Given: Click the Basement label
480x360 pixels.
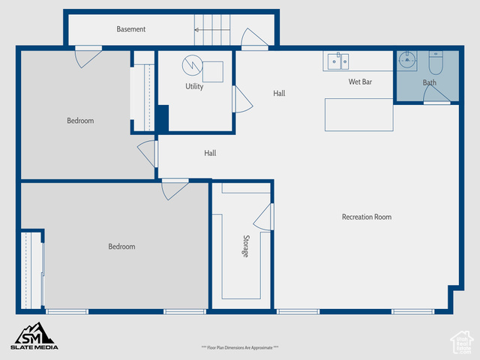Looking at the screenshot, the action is click(x=131, y=29).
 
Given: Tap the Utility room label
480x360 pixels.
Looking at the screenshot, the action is click(x=194, y=86).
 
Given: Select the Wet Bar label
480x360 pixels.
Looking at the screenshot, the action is click(x=360, y=82).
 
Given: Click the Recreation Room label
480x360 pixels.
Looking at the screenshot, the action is click(x=367, y=217).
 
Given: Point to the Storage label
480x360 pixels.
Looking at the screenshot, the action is click(x=246, y=246).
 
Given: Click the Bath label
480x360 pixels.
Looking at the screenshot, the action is click(x=430, y=82).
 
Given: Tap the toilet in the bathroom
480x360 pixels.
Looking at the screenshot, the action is click(x=436, y=62).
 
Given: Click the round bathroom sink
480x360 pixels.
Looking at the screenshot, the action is click(x=406, y=59).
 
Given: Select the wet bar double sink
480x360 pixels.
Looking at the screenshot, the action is click(x=338, y=61).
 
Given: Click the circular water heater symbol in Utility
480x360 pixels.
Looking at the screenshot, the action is click(x=193, y=65).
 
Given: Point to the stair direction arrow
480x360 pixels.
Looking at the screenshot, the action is click(x=212, y=30).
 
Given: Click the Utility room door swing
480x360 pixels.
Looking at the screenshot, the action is click(x=244, y=100).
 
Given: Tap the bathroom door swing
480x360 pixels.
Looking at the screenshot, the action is click(x=436, y=94).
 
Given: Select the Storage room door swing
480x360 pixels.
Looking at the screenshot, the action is click(x=263, y=217).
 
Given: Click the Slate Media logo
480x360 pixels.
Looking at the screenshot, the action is click(x=34, y=336).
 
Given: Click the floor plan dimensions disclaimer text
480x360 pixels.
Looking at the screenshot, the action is click(x=240, y=347).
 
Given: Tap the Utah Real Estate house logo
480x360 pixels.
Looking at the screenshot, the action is click(x=462, y=343).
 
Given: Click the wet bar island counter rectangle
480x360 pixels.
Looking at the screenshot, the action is click(x=359, y=115).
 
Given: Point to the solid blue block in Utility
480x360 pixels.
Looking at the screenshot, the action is click(x=163, y=118).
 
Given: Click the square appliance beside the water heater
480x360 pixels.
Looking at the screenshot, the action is click(x=213, y=72).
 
